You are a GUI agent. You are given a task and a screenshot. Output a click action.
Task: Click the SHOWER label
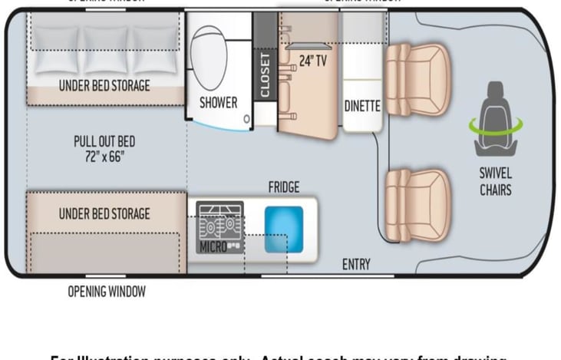pyautogui.click(x=219, y=102)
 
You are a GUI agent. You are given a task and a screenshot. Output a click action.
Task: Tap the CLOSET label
pyautogui.click(x=266, y=74)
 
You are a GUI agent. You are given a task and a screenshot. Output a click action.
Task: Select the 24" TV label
pyautogui.click(x=312, y=61)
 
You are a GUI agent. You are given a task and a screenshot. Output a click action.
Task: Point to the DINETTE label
pyautogui.click(x=362, y=106)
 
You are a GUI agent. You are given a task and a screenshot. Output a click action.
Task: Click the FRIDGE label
pyautogui.click(x=284, y=187)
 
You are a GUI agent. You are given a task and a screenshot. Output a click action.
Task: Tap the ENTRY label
pyautogui.click(x=356, y=265)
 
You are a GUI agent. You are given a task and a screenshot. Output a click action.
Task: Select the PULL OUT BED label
pyautogui.click(x=104, y=141)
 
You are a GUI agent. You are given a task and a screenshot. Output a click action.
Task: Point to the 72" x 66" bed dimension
pyautogui.click(x=104, y=157)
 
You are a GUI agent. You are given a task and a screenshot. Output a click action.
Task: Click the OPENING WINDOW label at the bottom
pyautogui.click(x=107, y=292)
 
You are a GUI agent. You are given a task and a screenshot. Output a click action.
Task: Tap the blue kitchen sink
pyautogui.click(x=284, y=228)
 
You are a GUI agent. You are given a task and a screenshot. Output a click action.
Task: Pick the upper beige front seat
pyautogui.click(x=417, y=78)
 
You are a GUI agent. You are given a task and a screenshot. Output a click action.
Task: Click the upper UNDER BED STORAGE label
pyautogui.click(x=104, y=85)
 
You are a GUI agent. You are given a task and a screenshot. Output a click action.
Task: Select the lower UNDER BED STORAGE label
pyautogui.click(x=104, y=213)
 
